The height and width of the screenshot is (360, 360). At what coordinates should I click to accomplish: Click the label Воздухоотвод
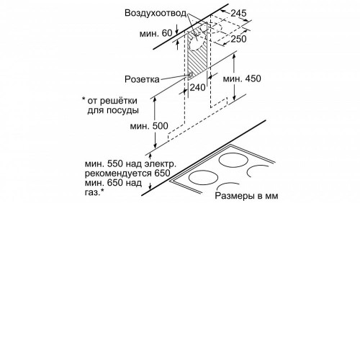156,13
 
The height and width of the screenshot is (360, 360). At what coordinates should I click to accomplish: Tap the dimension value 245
238,13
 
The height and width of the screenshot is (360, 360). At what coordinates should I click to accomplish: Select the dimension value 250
238,39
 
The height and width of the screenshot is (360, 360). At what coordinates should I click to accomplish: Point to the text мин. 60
156,33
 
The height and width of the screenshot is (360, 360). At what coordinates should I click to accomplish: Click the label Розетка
142,79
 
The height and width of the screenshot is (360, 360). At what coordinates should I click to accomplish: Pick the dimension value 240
198,87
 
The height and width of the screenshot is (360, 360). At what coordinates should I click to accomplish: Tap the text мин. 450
242,78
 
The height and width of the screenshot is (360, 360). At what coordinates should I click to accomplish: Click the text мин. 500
149,126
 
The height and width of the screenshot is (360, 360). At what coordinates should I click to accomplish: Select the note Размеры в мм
246,196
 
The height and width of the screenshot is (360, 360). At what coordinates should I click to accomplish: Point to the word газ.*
94,192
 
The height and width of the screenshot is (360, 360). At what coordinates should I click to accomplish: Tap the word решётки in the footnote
118,101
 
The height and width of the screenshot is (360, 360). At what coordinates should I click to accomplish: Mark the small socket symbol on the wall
191,76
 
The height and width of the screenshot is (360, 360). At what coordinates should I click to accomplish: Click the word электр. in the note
160,164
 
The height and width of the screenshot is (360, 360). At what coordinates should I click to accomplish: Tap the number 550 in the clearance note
115,164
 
